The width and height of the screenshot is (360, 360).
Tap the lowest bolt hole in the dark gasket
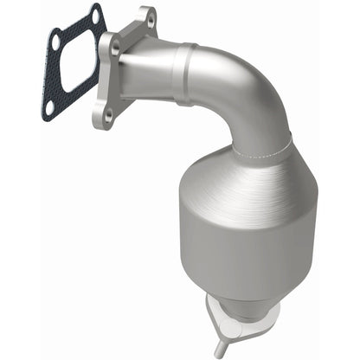[x=49, y=106]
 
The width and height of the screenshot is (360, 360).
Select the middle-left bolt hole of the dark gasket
[x=55, y=41]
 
